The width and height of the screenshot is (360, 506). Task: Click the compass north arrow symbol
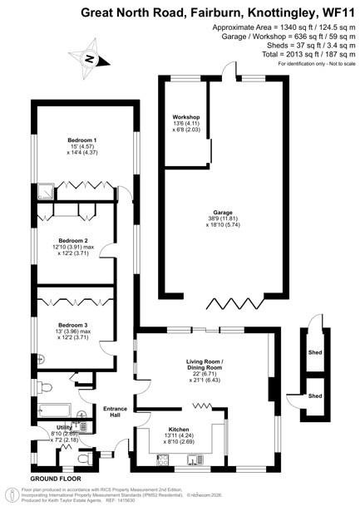(x=91, y=59)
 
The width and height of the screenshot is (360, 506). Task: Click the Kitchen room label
(x=179, y=430)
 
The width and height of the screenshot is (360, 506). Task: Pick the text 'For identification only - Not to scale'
(x=316, y=63)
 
